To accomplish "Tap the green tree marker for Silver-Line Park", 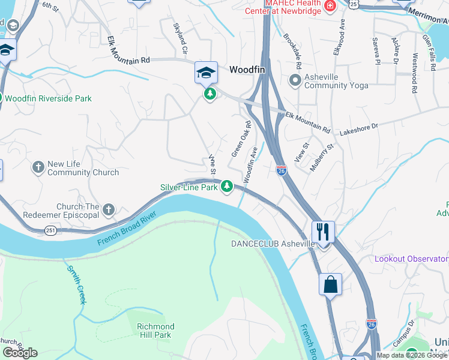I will (227, 187).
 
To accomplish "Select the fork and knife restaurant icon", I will (324, 232).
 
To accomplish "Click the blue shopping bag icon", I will (331, 284).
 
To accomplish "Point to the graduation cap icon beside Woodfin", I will (205, 73).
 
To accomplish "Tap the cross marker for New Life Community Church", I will (38, 167).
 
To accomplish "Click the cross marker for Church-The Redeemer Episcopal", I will (108, 210).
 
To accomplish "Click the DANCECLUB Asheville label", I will (273, 244).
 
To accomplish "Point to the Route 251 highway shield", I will (51, 230).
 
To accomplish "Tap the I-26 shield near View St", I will (282, 170).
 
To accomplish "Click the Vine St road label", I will (212, 163).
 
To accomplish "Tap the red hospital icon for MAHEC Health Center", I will (329, 5).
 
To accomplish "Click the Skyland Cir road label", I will (181, 37).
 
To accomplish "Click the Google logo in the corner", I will (20, 353).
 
